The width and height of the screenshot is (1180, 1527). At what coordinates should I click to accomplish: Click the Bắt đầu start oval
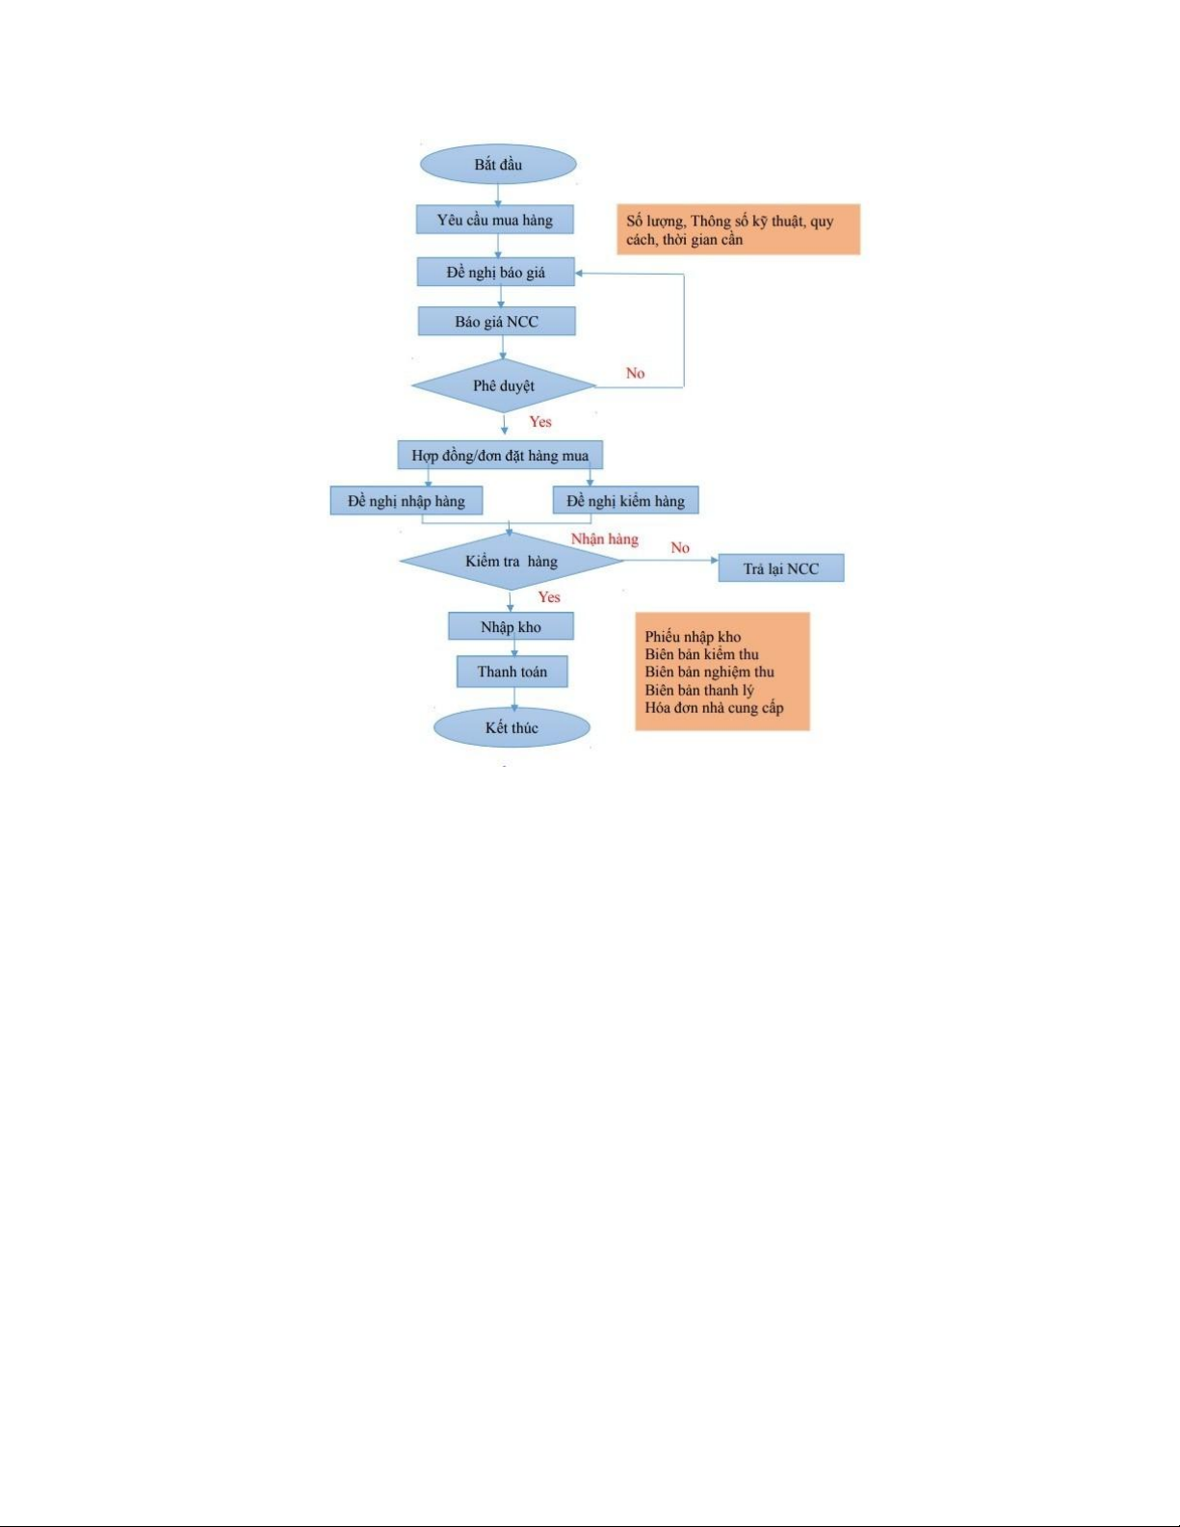498,165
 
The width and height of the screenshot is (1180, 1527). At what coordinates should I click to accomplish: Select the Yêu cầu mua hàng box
494,220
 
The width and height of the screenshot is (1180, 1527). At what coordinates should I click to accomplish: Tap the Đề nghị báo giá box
495,272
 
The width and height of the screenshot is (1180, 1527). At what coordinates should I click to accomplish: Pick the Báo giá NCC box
497,321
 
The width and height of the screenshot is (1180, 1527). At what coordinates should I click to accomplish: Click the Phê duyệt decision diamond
504,385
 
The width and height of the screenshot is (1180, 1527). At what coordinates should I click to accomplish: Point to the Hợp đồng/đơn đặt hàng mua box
500,456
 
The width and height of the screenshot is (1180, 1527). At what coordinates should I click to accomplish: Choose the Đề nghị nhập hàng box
406,500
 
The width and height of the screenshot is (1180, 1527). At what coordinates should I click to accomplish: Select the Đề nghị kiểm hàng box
625,500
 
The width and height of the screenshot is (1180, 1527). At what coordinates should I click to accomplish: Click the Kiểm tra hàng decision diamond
511,561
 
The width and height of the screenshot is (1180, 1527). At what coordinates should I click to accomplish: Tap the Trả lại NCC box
781,568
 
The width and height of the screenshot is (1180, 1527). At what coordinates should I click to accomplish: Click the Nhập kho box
511,626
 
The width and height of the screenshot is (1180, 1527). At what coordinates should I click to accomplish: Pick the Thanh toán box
512,671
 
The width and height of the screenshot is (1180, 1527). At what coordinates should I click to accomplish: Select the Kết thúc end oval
511,727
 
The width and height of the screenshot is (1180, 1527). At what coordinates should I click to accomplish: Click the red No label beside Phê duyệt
635,373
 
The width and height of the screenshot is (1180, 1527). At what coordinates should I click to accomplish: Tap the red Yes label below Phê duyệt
540,422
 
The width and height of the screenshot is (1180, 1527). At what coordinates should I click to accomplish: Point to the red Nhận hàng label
604,539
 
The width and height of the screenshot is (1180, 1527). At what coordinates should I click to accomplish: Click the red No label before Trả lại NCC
680,547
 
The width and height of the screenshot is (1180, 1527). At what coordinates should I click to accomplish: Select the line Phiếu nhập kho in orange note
693,637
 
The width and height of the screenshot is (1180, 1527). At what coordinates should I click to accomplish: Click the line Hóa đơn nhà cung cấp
714,708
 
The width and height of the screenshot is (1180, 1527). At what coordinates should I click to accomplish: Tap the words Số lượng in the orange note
656,222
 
